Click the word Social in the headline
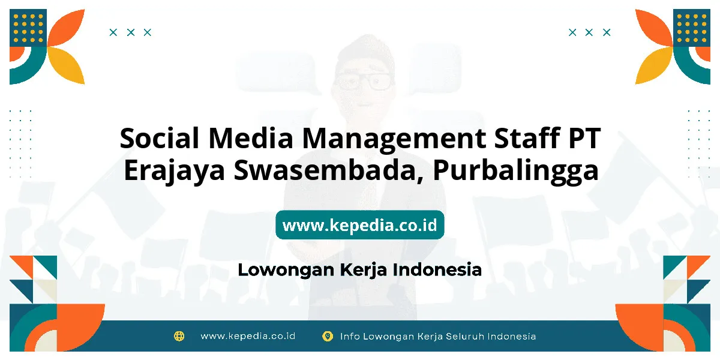pos(160,138)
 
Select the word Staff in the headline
pos(527,138)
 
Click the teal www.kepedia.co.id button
pos(360,225)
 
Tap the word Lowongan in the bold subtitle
pos(286,270)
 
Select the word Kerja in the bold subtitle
pos(364,270)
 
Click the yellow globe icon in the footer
pos(179,336)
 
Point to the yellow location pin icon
pos(328,336)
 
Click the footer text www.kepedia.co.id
pos(248,336)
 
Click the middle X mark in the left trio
pos(131,32)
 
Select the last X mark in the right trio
pos(607,32)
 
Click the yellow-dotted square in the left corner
pos(28,28)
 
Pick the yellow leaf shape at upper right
pos(653,66)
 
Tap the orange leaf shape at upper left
pos(67,28)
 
